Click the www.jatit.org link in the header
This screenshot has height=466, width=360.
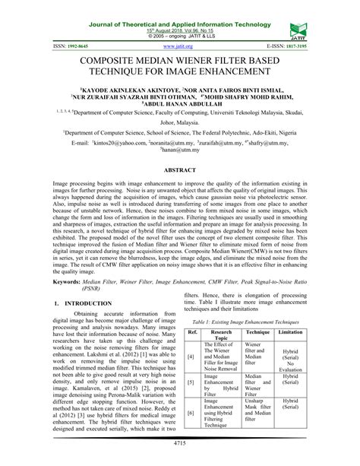(x=179, y=46)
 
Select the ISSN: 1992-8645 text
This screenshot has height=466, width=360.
(x=30, y=46)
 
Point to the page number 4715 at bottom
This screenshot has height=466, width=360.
(x=179, y=454)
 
